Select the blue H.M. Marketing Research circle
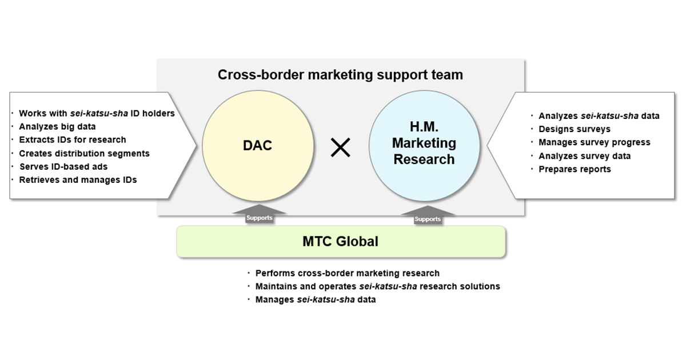424,146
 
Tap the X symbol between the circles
341,148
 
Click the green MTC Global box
341,242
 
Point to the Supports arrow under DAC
260,215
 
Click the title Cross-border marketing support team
340,75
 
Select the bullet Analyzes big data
57,127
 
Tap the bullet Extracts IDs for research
72,140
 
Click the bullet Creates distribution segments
84,153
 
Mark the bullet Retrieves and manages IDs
78,180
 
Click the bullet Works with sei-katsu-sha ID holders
97,113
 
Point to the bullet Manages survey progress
594,142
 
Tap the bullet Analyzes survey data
584,156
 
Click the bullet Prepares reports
575,169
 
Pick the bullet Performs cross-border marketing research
348,273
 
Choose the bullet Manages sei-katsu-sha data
316,299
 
